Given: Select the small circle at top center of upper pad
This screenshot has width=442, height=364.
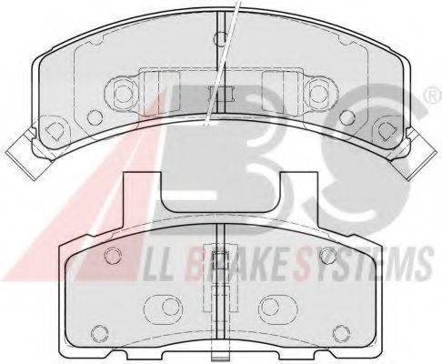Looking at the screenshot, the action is coord(220,38).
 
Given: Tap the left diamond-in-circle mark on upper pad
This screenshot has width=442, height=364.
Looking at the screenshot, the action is coord(54,130).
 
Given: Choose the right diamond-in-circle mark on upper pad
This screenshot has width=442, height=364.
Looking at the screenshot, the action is coord(386,130).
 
